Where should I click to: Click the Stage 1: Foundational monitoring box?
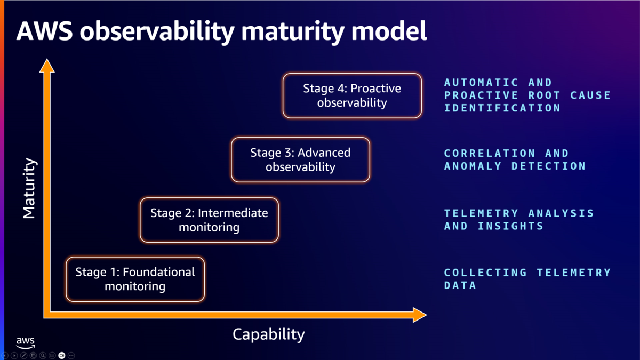coord(135,279)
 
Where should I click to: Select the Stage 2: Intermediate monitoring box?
coord(209,220)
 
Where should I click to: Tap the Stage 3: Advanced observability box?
coord(300,159)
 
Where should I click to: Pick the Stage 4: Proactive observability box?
coord(352,95)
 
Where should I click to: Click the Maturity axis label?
coord(29,188)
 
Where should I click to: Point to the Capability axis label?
coord(269,334)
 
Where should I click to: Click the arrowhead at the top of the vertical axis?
coord(47,66)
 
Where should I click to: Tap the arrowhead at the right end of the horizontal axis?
coord(420,315)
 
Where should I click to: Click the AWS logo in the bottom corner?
coord(26,343)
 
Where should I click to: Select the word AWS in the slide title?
coord(45,31)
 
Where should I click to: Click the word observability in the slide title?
coord(157,32)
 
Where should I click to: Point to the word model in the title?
coord(389,31)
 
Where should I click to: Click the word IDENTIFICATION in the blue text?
coord(502,108)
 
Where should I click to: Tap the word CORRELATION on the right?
coord(490,153)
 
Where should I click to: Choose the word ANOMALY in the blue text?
coord(473,166)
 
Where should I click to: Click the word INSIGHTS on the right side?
coord(510,226)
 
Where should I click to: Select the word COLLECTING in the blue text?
coord(485,273)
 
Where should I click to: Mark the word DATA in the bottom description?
coord(460,285)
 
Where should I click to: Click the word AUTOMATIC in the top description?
coord(482,83)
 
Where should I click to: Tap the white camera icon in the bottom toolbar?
coord(62,355)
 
